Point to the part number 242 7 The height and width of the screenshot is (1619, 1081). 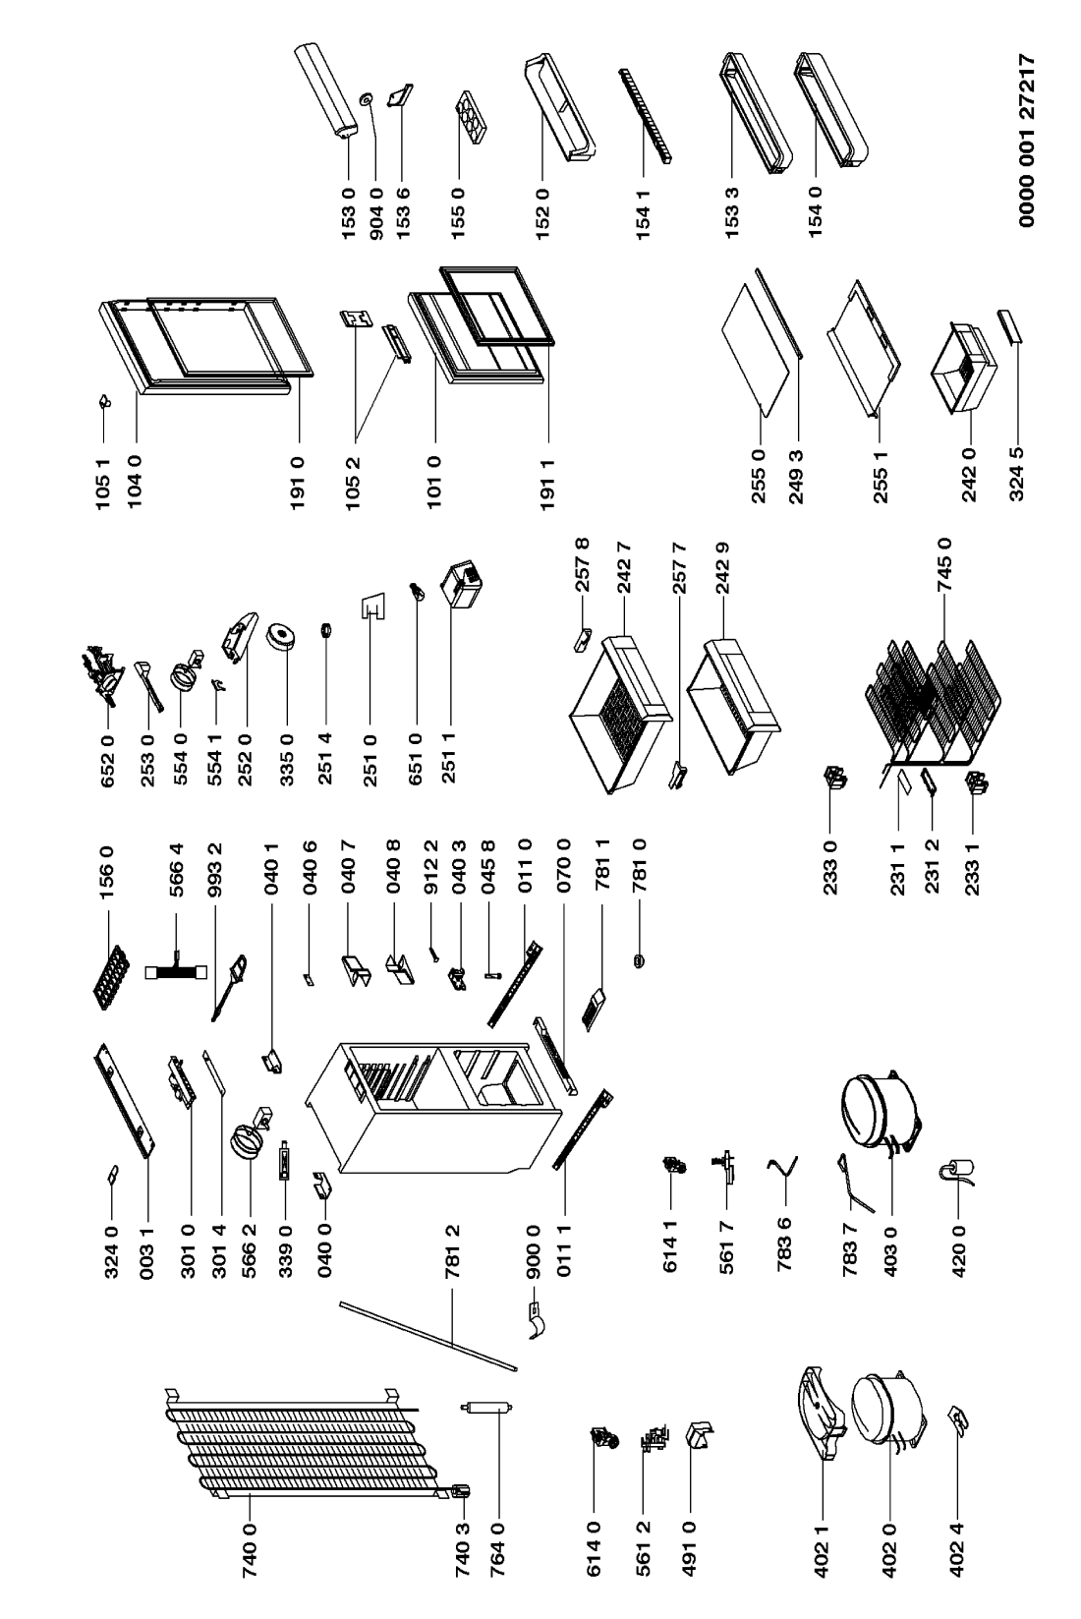pos(624,566)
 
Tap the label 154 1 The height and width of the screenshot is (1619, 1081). pos(643,213)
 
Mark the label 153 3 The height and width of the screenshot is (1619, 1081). pos(732,213)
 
